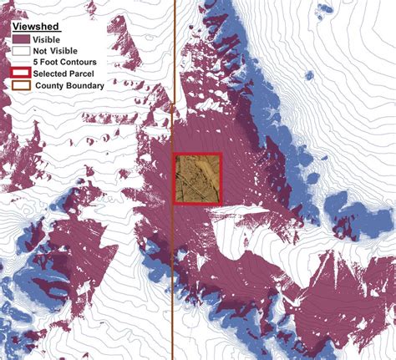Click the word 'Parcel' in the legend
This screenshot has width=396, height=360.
tap(86, 74)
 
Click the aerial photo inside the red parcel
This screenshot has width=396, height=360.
tap(196, 178)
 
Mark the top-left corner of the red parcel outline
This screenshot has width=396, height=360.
tap(174, 155)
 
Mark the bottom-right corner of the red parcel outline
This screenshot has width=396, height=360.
tap(220, 202)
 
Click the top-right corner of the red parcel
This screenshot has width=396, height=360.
tap(220, 155)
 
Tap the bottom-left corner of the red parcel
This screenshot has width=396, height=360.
tap(174, 202)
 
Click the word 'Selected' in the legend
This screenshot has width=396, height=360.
tap(54, 74)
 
